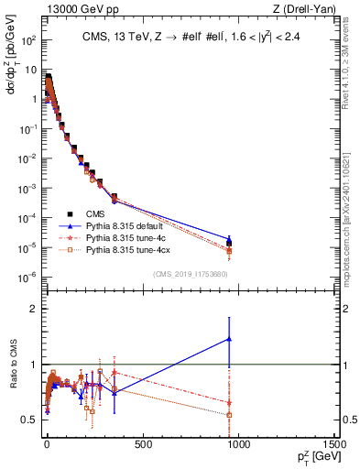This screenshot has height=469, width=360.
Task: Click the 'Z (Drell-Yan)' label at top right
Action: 309,9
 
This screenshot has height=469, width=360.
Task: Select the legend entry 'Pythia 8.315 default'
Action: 127,223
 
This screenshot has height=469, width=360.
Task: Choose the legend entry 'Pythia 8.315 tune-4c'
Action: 128,235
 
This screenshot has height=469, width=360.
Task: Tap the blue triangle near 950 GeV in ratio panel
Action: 229,339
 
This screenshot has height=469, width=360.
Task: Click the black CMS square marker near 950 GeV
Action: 229,243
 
